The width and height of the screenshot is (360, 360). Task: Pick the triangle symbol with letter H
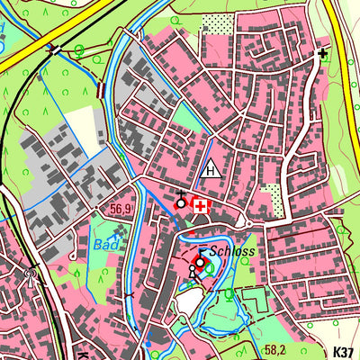[211, 168]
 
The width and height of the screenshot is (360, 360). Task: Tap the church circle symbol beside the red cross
[181, 202]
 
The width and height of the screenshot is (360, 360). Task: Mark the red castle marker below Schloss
[199, 263]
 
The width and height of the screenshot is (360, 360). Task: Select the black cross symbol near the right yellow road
[322, 54]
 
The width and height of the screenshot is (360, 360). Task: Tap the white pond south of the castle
[189, 301]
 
